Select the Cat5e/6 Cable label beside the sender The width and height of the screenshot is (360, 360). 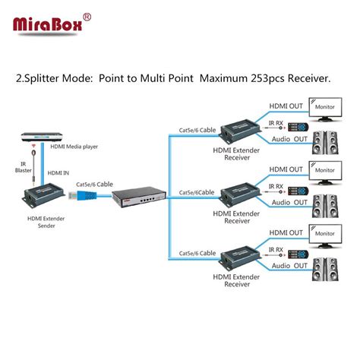(93, 183)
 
